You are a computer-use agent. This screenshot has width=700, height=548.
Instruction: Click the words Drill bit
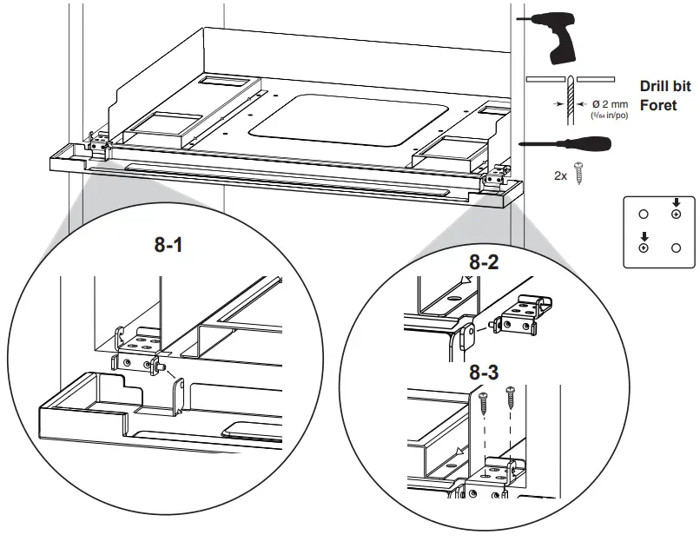pos(664,87)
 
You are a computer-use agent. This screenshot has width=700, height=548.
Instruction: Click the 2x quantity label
pos(561,175)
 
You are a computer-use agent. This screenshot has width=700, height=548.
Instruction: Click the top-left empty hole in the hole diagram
pos(643,215)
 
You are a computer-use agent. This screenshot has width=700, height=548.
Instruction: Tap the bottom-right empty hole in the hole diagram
pos(676,248)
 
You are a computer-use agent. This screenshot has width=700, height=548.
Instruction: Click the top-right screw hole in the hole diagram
pos(676,215)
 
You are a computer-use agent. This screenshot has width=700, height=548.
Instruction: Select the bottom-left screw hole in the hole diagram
pos(643,248)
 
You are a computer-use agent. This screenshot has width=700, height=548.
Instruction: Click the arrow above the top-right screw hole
pos(676,203)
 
